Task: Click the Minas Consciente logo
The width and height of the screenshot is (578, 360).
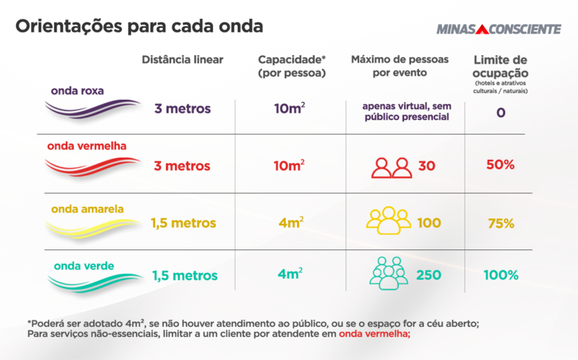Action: (x=499, y=29)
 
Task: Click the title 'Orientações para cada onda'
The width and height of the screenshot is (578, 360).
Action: (x=139, y=27)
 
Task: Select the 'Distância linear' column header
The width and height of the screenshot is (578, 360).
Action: (x=183, y=59)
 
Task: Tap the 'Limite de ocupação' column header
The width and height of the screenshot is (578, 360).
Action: (x=500, y=67)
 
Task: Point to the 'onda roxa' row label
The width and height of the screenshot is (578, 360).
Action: (x=77, y=91)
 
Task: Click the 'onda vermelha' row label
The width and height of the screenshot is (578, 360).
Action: (x=87, y=145)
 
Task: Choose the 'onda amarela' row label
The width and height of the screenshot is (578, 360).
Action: (x=87, y=209)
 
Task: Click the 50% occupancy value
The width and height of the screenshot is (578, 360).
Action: (x=500, y=165)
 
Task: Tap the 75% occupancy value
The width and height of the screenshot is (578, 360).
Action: (x=501, y=224)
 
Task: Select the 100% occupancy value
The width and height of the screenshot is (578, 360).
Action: (x=501, y=275)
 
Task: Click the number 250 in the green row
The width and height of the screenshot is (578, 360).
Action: (x=429, y=275)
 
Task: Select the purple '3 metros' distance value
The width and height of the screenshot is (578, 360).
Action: (x=182, y=109)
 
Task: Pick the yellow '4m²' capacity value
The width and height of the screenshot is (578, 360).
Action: (x=290, y=223)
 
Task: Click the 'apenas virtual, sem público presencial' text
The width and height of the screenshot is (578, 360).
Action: (x=406, y=111)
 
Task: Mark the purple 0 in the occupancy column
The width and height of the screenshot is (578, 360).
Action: (x=500, y=113)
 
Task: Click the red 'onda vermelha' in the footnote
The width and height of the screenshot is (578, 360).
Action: (x=374, y=335)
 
